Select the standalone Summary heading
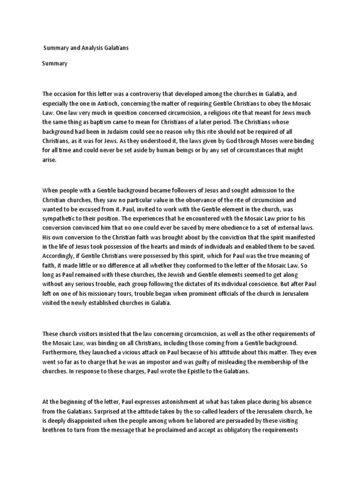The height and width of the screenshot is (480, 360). tap(55, 63)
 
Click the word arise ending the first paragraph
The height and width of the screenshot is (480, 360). tap(49, 159)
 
